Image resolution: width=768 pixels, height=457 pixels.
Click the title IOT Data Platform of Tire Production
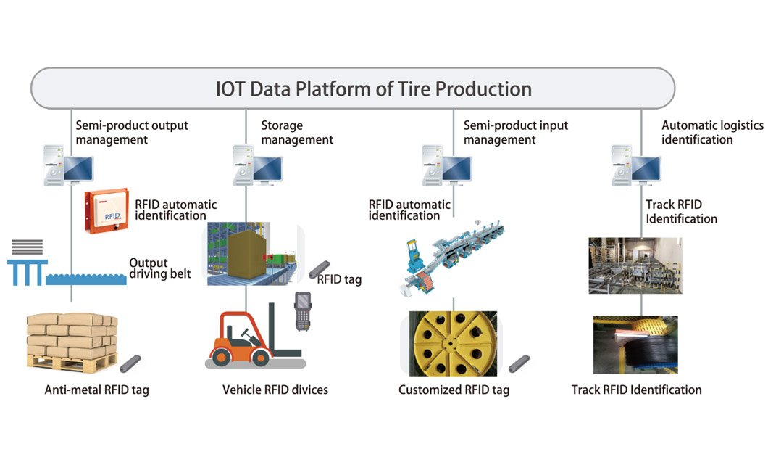(373, 89)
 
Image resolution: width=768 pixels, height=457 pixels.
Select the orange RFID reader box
(107, 212)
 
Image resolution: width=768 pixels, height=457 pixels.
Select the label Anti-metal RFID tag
(97, 390)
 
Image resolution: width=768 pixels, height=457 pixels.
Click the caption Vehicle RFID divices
(275, 390)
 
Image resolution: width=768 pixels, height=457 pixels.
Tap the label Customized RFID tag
(454, 390)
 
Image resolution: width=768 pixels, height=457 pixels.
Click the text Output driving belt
(159, 268)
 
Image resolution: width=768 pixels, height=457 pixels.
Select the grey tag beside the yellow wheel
(519, 363)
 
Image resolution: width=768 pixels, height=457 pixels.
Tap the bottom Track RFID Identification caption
(636, 390)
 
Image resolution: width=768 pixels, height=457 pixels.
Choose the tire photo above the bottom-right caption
(635, 344)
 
